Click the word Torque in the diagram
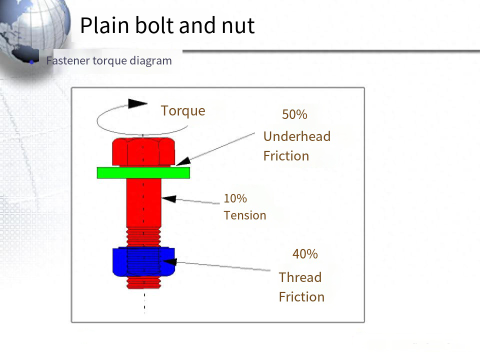183,111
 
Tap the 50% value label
294,114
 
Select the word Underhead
297,136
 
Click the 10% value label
235,198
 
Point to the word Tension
245,215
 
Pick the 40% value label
305,254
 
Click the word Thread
300,277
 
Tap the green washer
143,172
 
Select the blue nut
143,261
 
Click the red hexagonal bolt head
143,151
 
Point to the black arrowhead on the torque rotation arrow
137,103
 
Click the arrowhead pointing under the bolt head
183,161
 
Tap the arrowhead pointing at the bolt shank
168,199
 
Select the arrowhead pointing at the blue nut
170,261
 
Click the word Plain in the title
104,25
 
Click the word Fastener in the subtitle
68,60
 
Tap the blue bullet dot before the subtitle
31,62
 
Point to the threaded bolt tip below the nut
143,282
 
